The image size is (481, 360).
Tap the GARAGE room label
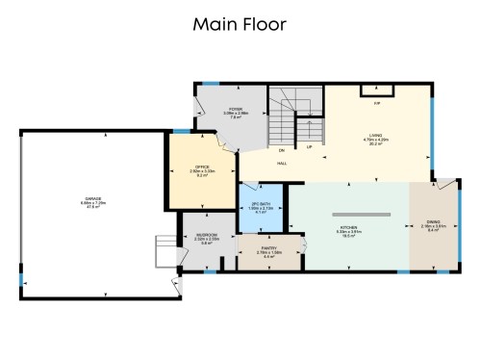[x=92, y=199]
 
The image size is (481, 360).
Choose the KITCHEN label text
[x=347, y=226]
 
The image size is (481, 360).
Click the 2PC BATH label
[x=258, y=205]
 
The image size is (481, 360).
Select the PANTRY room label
[x=269, y=251]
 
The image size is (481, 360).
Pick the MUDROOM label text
[x=206, y=235]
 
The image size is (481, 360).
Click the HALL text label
[x=282, y=164]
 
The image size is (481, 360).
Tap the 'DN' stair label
[x=282, y=151]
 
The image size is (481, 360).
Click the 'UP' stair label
[x=309, y=148]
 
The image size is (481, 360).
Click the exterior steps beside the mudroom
[x=164, y=253]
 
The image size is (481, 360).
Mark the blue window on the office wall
[x=180, y=131]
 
